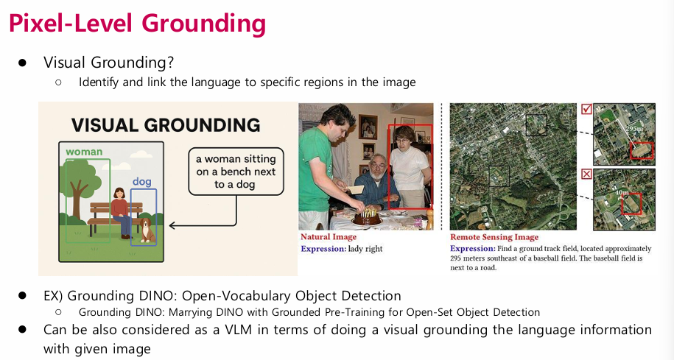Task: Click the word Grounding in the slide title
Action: click(204, 24)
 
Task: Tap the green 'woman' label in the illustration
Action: click(84, 152)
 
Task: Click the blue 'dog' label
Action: click(142, 181)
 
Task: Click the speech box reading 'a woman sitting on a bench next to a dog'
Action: click(236, 172)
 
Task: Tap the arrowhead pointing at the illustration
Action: click(172, 225)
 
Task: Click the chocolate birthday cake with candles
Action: click(367, 218)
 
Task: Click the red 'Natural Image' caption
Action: click(329, 237)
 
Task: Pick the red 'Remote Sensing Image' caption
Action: click(494, 237)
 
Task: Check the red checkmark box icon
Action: click(586, 109)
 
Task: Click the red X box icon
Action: click(586, 174)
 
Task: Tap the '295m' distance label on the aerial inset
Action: click(634, 128)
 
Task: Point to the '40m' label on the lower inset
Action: click(622, 192)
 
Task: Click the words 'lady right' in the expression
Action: click(365, 249)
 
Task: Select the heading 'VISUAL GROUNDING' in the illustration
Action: click(166, 125)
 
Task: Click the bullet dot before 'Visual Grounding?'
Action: click(22, 63)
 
